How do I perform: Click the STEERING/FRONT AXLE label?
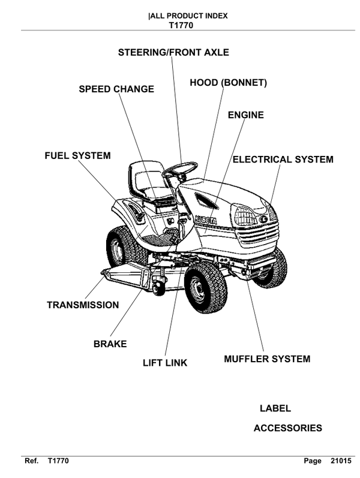[173, 53]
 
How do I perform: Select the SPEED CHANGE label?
[116, 89]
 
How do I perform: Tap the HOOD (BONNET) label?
[228, 82]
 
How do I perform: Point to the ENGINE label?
[245, 115]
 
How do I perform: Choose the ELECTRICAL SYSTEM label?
[283, 160]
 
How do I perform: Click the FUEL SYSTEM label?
[77, 156]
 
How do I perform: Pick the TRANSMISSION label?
[83, 305]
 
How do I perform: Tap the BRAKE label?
[110, 344]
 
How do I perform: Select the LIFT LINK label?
[165, 363]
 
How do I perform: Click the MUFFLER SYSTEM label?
[267, 359]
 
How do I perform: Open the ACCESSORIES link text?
[287, 428]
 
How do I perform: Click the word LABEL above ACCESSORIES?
[275, 408]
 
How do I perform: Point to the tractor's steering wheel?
[179, 170]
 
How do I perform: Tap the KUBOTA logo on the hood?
[203, 221]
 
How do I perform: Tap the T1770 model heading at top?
[179, 26]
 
